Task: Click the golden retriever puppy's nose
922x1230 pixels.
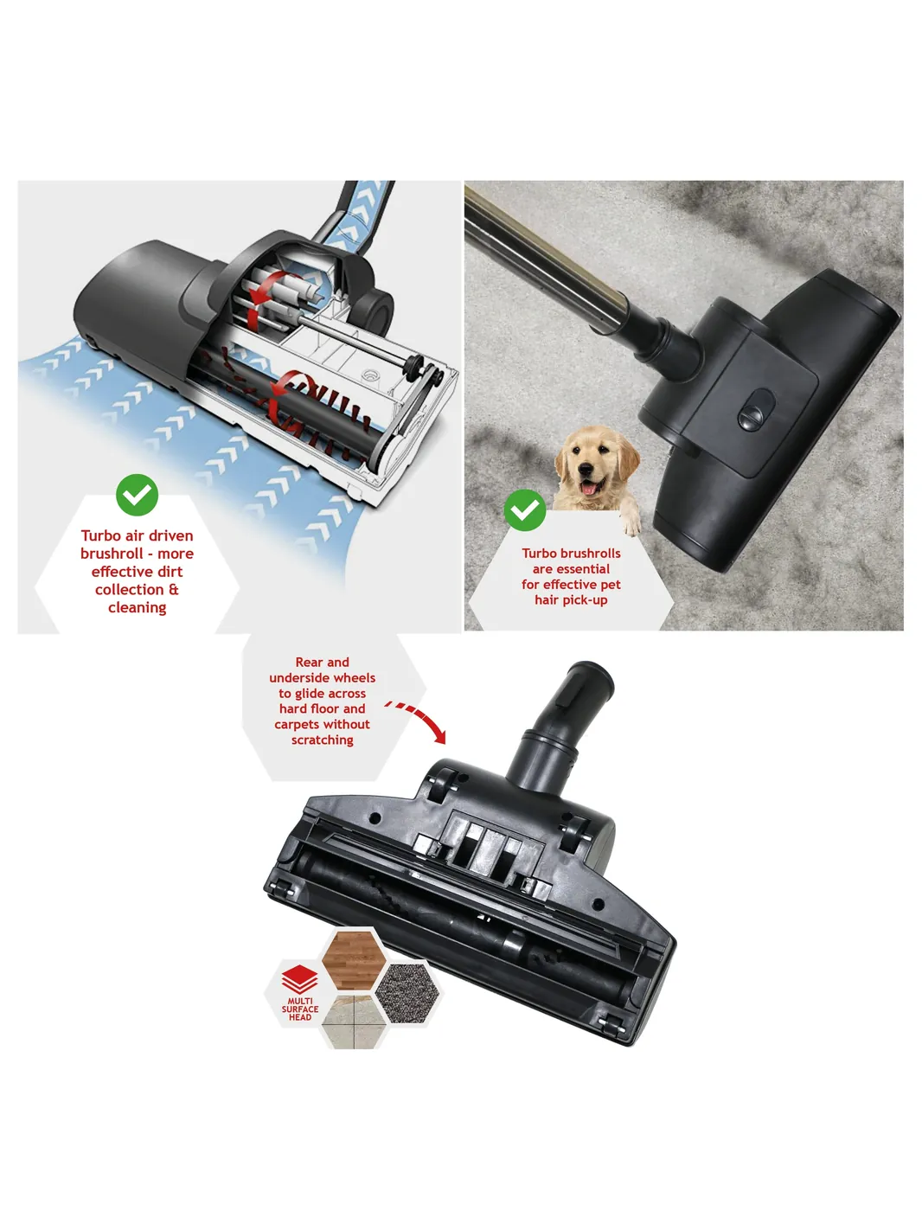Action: (x=588, y=469)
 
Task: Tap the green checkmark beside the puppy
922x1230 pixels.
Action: (x=524, y=509)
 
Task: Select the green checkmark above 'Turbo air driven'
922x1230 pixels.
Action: (x=137, y=494)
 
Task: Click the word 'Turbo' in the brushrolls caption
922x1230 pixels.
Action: (x=540, y=553)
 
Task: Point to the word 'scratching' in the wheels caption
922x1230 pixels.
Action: (x=322, y=740)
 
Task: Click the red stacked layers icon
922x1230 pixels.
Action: (x=299, y=979)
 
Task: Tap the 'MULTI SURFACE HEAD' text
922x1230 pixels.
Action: (x=299, y=1009)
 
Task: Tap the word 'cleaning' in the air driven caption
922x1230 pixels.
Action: (x=138, y=607)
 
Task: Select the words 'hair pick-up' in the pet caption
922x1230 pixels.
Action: (x=571, y=600)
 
